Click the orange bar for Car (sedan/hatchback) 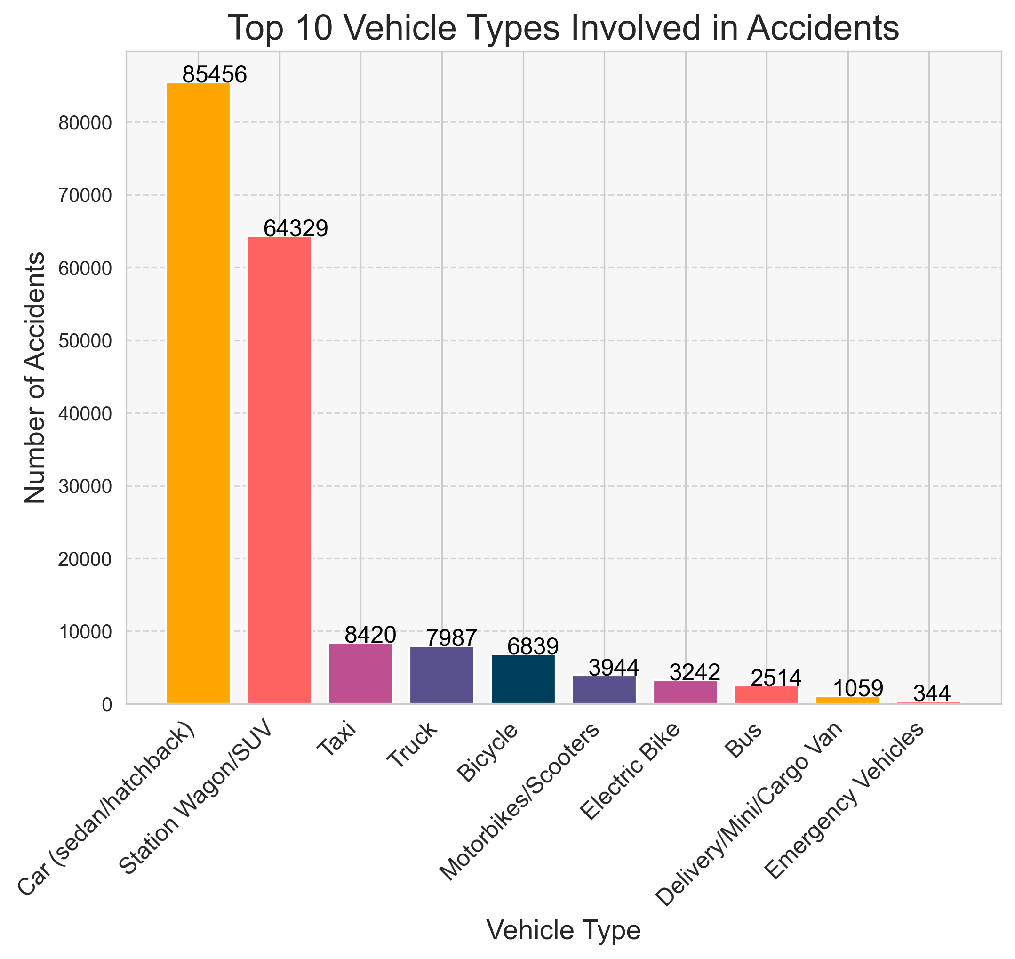point(198,393)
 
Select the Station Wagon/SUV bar point(280,470)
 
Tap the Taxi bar point(360,673)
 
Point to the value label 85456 point(215,75)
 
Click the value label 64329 point(296,228)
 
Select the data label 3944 point(614,668)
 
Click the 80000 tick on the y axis point(85,123)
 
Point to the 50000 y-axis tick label point(85,341)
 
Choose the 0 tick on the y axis point(106,705)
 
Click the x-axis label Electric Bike point(631,773)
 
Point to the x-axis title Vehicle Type point(563,930)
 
